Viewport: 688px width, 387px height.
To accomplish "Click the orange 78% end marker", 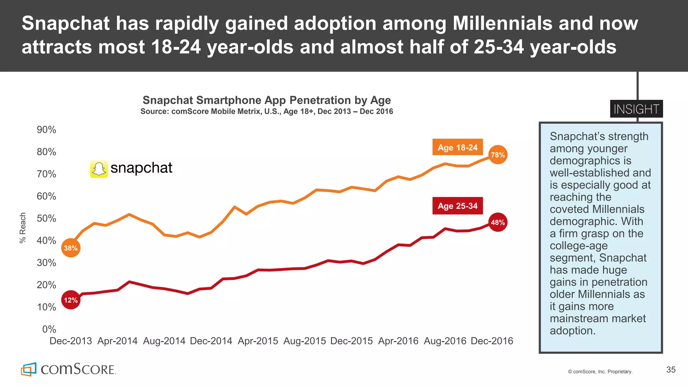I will pyautogui.click(x=498, y=155).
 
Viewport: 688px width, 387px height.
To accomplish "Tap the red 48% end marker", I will pyautogui.click(x=498, y=222).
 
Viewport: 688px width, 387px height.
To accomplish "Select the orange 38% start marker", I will pyautogui.click(x=71, y=248).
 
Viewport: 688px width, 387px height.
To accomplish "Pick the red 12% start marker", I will pyautogui.click(x=71, y=300).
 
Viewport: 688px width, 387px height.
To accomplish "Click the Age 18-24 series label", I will pyautogui.click(x=458, y=147).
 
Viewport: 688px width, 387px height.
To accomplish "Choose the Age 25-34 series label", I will pyautogui.click(x=458, y=206).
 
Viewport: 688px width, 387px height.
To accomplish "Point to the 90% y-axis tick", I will pyautogui.click(x=46, y=130).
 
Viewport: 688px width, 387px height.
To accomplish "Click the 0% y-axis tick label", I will pyautogui.click(x=49, y=329).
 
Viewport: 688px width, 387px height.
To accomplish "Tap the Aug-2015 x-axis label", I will pyautogui.click(x=304, y=341).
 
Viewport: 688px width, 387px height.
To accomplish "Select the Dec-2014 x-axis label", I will pyautogui.click(x=211, y=341).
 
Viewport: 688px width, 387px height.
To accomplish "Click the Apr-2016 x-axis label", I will pyautogui.click(x=398, y=341).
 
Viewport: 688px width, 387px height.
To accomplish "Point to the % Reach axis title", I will pyautogui.click(x=23, y=227).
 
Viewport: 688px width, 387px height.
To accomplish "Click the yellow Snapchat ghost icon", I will pyautogui.click(x=99, y=169).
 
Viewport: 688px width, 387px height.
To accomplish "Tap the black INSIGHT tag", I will pyautogui.click(x=636, y=109).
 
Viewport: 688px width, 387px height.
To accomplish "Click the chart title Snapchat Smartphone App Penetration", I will pyautogui.click(x=267, y=100).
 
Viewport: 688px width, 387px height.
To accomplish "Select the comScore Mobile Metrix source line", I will pyautogui.click(x=267, y=112).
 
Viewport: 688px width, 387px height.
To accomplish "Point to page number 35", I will pyautogui.click(x=671, y=370).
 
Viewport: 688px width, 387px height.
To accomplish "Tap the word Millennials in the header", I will pyautogui.click(x=502, y=24).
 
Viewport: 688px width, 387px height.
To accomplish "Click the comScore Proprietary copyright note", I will pyautogui.click(x=600, y=372).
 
